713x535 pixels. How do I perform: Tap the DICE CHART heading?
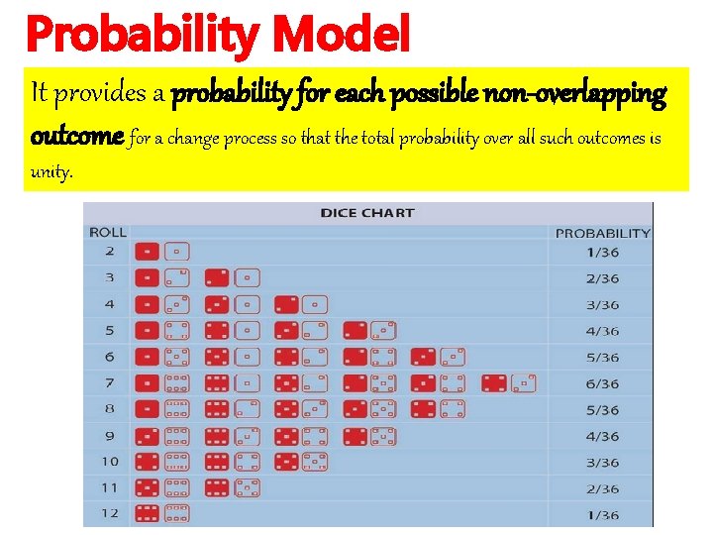[367, 212]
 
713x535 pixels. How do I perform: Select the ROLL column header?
[108, 232]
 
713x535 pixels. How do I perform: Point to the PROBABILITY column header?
[602, 233]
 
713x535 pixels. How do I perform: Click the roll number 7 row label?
[109, 382]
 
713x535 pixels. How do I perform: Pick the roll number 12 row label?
[109, 512]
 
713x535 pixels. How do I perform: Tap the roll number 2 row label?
[109, 252]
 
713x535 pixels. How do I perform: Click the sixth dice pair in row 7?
[509, 382]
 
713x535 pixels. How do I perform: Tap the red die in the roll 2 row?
[146, 252]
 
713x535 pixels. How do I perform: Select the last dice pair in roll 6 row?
[438, 357]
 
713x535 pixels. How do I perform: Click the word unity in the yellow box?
[51, 171]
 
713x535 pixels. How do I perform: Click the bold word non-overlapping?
[574, 95]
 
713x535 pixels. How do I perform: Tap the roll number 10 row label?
[109, 461]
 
